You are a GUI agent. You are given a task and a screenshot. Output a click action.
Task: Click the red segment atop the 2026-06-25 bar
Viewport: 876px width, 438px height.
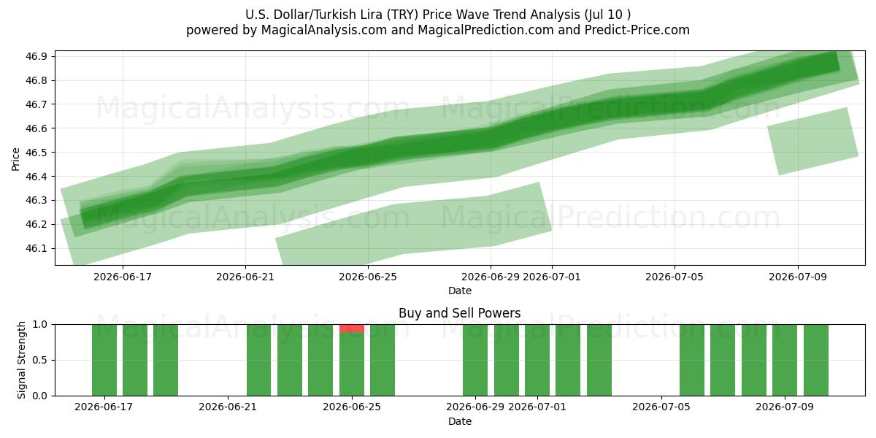[352, 328]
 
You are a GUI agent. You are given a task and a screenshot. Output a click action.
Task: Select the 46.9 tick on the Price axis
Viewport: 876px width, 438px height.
[36, 57]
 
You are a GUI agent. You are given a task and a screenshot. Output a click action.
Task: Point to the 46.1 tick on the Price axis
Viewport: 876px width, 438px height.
[36, 249]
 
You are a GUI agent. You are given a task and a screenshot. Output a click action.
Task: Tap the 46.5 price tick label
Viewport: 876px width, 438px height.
[36, 153]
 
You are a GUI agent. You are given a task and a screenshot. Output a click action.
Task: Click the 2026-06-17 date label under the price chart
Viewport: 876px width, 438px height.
[123, 277]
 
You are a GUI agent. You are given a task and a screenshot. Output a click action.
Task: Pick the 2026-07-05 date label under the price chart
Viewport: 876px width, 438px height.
[675, 277]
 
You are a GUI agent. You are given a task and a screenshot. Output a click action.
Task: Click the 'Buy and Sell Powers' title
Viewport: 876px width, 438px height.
[459, 313]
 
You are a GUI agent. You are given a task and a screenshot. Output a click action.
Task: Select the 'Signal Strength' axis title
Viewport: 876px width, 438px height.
[21, 360]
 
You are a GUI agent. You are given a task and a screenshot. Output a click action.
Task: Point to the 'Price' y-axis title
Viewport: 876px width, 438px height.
[15, 159]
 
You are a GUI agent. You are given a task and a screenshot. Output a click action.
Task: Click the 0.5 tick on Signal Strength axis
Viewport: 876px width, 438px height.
[40, 360]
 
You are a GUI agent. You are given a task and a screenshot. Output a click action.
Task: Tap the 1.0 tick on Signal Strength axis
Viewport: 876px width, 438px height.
[40, 325]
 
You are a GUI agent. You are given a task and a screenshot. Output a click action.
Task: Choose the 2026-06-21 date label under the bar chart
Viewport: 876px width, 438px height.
[228, 407]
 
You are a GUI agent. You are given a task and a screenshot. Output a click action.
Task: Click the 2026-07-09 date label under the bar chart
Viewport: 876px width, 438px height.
[785, 407]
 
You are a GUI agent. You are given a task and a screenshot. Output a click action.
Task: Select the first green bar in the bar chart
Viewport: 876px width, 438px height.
[104, 360]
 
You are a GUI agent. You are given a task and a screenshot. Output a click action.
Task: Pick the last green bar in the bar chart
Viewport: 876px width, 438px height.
[816, 360]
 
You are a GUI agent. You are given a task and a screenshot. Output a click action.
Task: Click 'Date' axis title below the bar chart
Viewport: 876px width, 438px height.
[460, 422]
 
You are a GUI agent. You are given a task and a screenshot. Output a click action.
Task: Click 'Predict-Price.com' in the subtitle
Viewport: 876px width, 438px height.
[637, 30]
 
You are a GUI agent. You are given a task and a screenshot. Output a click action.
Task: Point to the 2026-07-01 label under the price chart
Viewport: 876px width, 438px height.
[552, 277]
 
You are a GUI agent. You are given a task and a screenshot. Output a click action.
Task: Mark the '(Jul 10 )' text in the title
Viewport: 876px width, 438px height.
[607, 15]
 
